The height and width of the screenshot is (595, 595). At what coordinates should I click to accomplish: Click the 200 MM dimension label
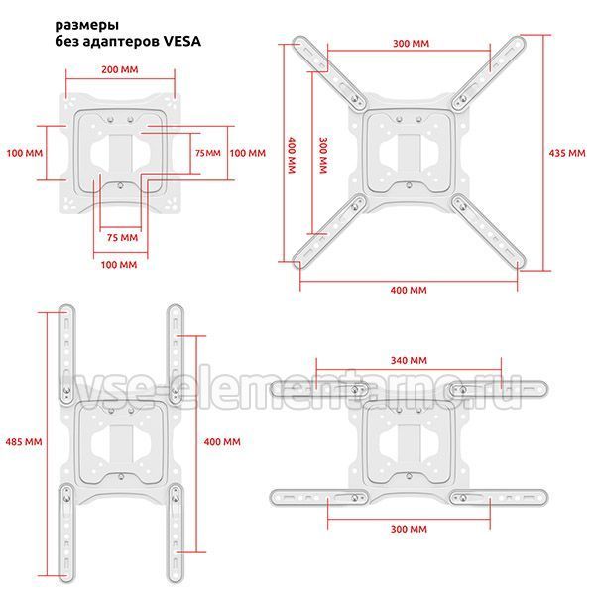point(120,69)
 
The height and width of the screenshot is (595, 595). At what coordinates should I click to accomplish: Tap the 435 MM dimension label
point(567,153)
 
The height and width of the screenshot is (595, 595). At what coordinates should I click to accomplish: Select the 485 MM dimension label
point(24,441)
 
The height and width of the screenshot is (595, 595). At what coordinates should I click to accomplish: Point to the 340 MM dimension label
point(409,360)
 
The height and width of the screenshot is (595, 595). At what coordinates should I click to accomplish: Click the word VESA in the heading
point(181,41)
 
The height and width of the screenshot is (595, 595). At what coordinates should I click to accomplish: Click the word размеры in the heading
point(87,26)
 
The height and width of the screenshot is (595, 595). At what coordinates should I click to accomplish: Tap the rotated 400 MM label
point(292,155)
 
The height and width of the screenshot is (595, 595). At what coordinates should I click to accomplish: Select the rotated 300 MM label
point(323,155)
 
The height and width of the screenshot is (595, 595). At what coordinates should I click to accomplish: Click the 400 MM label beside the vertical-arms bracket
point(222,441)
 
